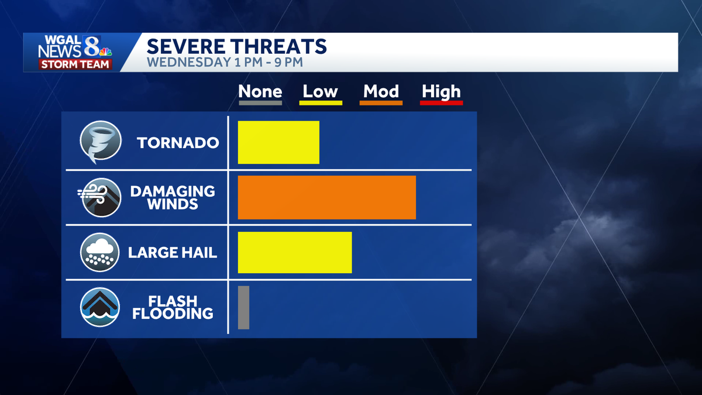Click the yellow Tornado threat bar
click(x=278, y=142)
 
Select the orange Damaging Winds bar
click(x=326, y=197)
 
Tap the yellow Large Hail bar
click(x=294, y=252)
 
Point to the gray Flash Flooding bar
click(x=243, y=307)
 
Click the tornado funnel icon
click(x=100, y=142)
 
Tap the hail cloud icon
click(x=100, y=252)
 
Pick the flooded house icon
click(x=100, y=307)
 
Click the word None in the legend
click(x=260, y=91)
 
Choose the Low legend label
click(x=320, y=91)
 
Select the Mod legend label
click(x=381, y=91)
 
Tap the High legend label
click(x=441, y=91)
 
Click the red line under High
click(x=442, y=103)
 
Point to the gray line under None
click(x=260, y=103)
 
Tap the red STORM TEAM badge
click(x=75, y=64)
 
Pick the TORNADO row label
click(x=178, y=142)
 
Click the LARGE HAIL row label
click(x=173, y=253)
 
